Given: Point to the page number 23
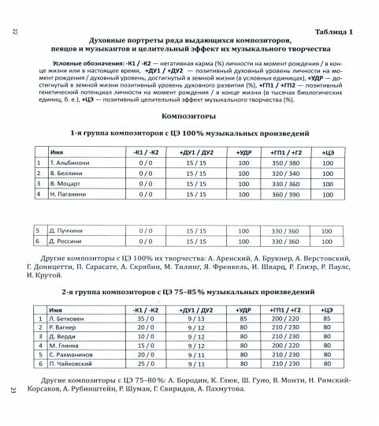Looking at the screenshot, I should (x=15, y=390).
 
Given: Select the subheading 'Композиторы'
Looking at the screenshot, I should (x=189, y=115).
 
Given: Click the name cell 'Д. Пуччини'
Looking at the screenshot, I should (x=66, y=231).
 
